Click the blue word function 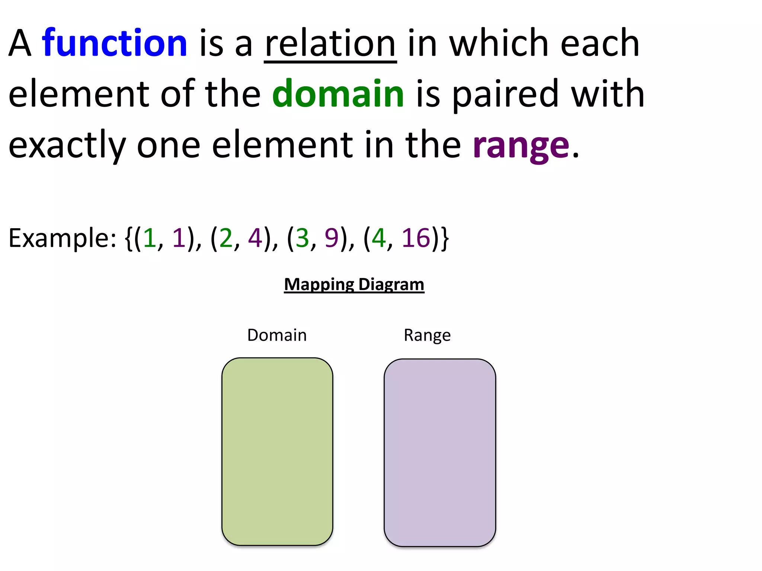115,43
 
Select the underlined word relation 330,44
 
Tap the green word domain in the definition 338,94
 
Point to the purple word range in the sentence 521,145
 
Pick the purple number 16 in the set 416,238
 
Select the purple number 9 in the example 331,238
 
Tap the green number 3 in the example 302,238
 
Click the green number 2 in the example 226,238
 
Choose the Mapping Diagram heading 354,285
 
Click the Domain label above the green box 277,335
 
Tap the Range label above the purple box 427,335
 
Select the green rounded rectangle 277,452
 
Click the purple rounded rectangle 440,452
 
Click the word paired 505,94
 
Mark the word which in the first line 499,44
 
